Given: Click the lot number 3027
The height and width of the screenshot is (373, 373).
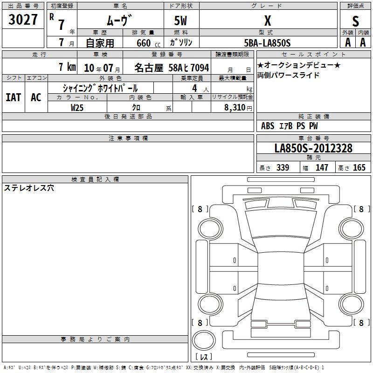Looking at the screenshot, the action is point(23,20).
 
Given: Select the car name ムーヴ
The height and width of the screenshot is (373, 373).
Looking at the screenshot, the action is point(119,21).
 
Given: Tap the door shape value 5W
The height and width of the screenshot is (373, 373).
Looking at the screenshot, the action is point(181,21).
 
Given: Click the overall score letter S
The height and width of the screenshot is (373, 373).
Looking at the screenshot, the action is point(355,21).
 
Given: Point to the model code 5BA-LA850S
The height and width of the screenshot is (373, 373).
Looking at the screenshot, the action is point(267,43).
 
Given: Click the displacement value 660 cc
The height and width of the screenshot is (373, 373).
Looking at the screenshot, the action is point(148,43).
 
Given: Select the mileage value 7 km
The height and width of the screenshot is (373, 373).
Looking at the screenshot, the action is point(67,67).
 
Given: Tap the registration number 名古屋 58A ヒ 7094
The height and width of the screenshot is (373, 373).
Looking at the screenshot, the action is point(172,68).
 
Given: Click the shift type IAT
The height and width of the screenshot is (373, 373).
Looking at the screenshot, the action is point(14,97).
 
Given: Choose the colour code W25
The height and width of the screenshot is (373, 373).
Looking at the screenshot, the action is point(77,108).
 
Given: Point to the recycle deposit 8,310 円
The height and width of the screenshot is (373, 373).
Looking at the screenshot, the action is point(238,108).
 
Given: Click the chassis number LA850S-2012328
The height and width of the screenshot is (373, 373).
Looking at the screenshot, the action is point(313,148).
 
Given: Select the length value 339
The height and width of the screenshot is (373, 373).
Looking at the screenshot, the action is point(283,167).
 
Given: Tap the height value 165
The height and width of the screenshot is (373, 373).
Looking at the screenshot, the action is point(359,167).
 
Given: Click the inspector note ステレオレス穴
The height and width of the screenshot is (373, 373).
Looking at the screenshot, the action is point(29,188).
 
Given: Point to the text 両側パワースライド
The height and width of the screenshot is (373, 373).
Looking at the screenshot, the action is point(288,75).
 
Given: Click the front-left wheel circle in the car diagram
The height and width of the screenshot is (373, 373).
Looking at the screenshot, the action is point(210,229).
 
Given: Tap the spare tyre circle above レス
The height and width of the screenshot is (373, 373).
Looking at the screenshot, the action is point(204,340).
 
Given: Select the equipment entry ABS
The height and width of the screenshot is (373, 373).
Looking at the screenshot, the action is point(268,126).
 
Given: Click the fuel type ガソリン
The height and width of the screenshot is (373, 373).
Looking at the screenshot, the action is point(181,42).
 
